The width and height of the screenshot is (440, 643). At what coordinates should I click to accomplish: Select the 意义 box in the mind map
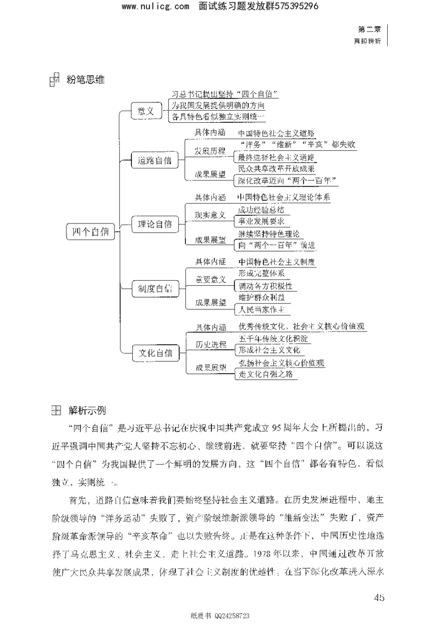point(146,112)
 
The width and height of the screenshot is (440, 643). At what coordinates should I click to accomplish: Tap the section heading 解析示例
point(87,410)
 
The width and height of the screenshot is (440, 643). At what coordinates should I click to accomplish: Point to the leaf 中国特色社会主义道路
point(276,133)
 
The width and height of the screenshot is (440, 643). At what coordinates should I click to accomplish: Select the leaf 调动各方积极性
point(267,287)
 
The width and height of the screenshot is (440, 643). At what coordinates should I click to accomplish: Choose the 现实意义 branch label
point(210,215)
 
